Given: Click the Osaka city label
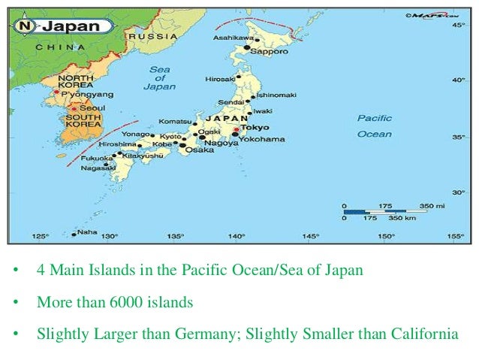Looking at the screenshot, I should click(199, 149).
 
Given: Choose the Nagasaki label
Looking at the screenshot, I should click(100, 168).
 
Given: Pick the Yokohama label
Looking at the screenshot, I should click(264, 139).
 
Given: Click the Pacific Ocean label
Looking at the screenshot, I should click(374, 126).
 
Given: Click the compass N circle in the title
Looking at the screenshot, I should click(24, 26).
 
